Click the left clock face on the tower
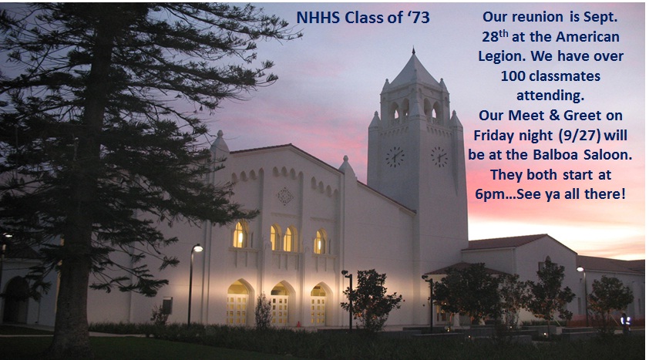pyautogui.click(x=395, y=156)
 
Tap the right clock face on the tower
pyautogui.click(x=439, y=156)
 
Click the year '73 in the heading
pyautogui.click(x=419, y=18)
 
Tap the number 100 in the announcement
pyautogui.click(x=513, y=76)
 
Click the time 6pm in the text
pyautogui.click(x=489, y=194)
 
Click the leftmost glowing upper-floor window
pyautogui.click(x=239, y=234)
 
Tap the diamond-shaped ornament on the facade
pyautogui.click(x=284, y=196)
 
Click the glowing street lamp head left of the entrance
pyautogui.click(x=197, y=248)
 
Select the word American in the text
pyautogui.click(x=588, y=37)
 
